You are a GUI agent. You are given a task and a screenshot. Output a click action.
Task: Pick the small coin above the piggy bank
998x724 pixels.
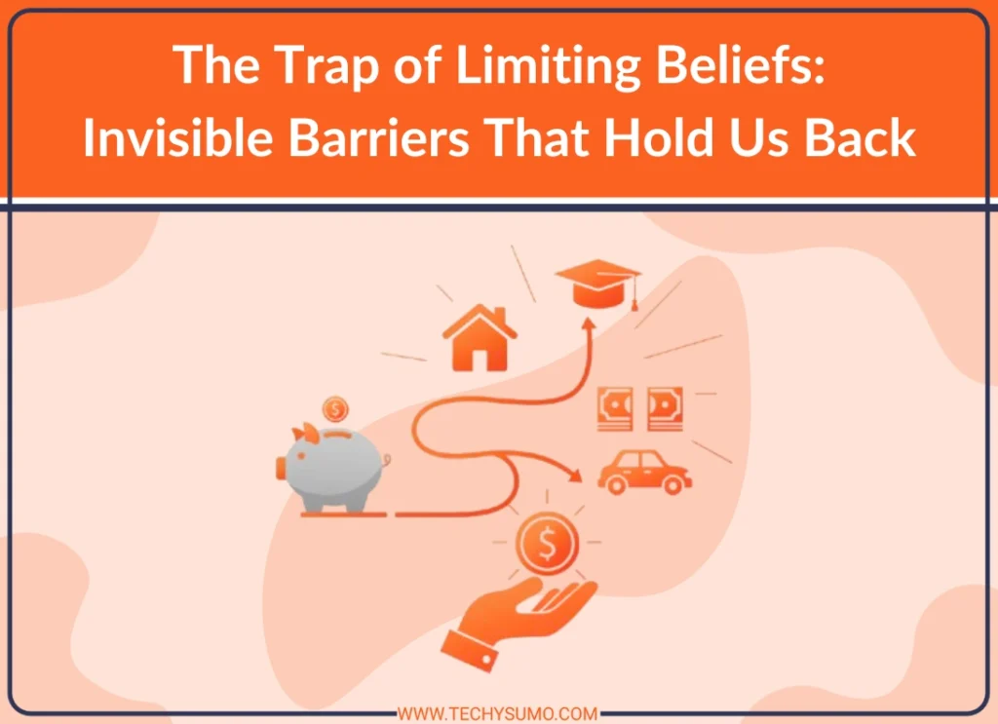point(336,407)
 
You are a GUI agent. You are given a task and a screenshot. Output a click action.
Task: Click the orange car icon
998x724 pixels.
point(643,472)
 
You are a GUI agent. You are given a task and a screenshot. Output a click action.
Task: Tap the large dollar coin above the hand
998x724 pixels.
point(546,545)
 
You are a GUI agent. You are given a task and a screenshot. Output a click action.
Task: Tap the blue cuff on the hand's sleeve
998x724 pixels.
point(467,646)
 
